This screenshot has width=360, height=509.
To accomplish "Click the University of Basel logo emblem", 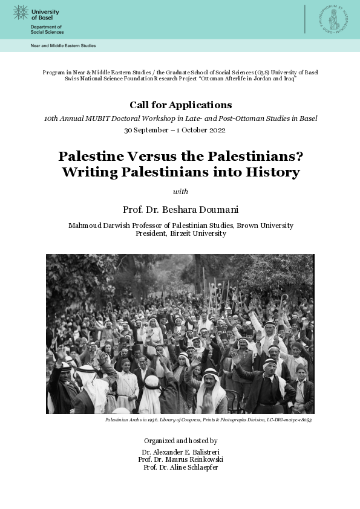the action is pyautogui.click(x=21, y=12).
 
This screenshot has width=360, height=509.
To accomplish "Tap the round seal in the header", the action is pyautogui.click(x=335, y=19).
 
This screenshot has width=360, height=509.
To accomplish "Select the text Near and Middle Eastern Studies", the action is pyautogui.click(x=63, y=46).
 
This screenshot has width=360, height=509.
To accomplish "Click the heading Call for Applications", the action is pyautogui.click(x=180, y=105).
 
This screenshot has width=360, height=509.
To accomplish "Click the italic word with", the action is pyautogui.click(x=180, y=192).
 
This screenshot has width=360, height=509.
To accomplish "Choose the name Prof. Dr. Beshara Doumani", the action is pyautogui.click(x=180, y=209).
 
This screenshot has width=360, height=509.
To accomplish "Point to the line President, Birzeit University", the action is pyautogui.click(x=180, y=233).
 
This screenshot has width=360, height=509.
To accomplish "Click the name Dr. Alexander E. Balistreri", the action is pyautogui.click(x=180, y=452).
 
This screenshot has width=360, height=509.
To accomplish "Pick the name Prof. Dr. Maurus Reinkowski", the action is pyautogui.click(x=180, y=460).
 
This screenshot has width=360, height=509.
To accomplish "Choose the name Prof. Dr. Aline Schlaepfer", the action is pyautogui.click(x=180, y=468).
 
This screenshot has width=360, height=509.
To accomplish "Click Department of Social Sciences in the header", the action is pyautogui.click(x=47, y=30).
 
